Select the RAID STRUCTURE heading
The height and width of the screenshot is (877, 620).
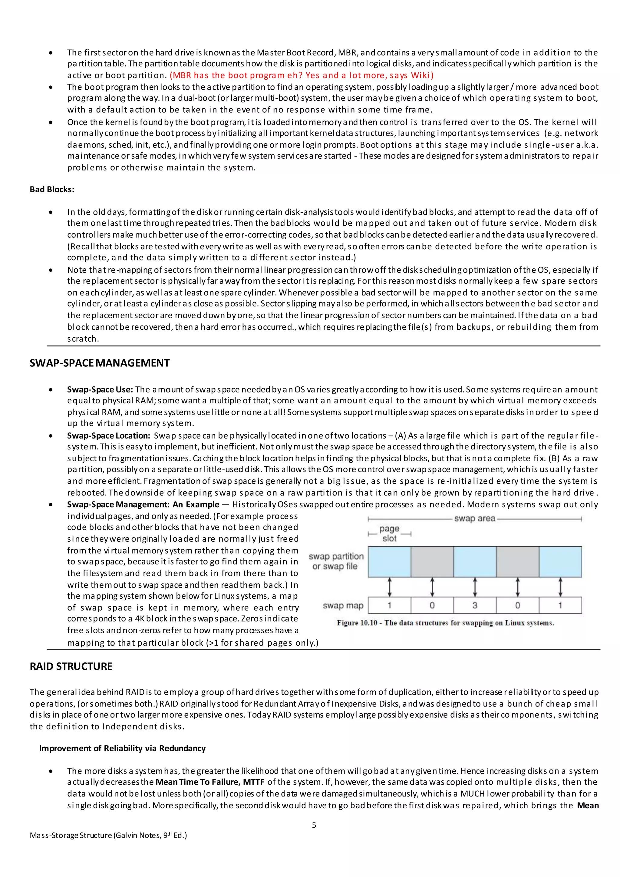[71, 666]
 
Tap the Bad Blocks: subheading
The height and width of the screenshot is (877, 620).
[52, 190]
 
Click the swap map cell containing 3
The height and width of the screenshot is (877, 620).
[475, 605]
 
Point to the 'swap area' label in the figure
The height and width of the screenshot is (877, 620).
[475, 519]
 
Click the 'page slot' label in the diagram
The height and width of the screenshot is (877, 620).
[389, 533]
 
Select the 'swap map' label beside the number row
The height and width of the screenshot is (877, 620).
[343, 605]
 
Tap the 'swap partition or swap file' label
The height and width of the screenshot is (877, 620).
[336, 561]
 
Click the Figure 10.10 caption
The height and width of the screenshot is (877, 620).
[445, 623]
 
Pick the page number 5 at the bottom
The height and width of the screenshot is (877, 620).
[314, 825]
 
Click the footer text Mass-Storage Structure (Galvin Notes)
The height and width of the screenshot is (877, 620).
[108, 836]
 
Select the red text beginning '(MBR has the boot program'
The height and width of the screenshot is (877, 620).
[302, 75]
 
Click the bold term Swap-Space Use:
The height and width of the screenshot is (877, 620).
[100, 390]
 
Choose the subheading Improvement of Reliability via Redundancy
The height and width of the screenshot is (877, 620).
[122, 748]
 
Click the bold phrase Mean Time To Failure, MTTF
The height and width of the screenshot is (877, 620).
[210, 782]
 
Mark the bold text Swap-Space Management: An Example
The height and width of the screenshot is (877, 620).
[143, 504]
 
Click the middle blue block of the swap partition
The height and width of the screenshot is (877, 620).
[475, 561]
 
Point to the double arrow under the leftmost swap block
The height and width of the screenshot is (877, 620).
[389, 587]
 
